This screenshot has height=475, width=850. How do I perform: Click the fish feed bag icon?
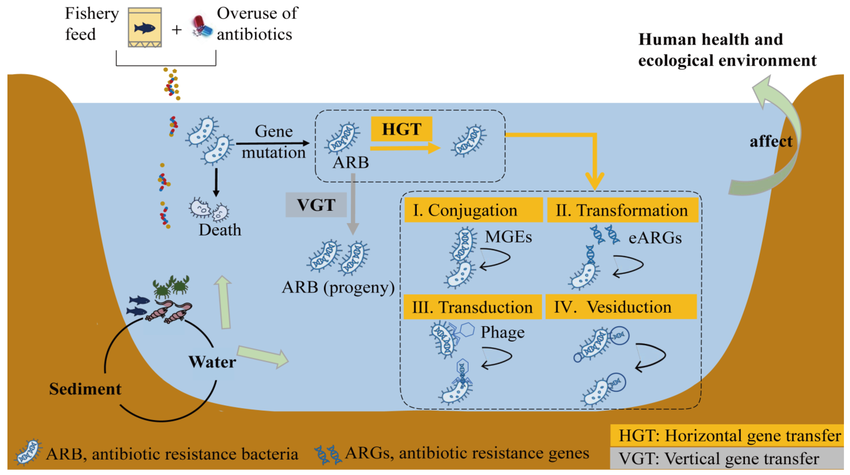click(x=145, y=28)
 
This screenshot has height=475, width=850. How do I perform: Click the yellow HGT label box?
click(x=401, y=129)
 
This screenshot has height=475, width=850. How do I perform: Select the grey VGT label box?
click(x=316, y=205)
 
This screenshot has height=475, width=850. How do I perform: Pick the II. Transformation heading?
click(x=622, y=210)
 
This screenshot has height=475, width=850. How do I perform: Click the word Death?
click(x=220, y=230)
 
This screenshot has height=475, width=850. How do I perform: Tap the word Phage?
click(x=502, y=332)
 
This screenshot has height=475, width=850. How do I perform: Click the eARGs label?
click(x=655, y=238)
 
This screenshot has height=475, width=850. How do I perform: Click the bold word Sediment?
click(x=85, y=389)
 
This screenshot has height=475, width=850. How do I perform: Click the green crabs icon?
click(x=171, y=286)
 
